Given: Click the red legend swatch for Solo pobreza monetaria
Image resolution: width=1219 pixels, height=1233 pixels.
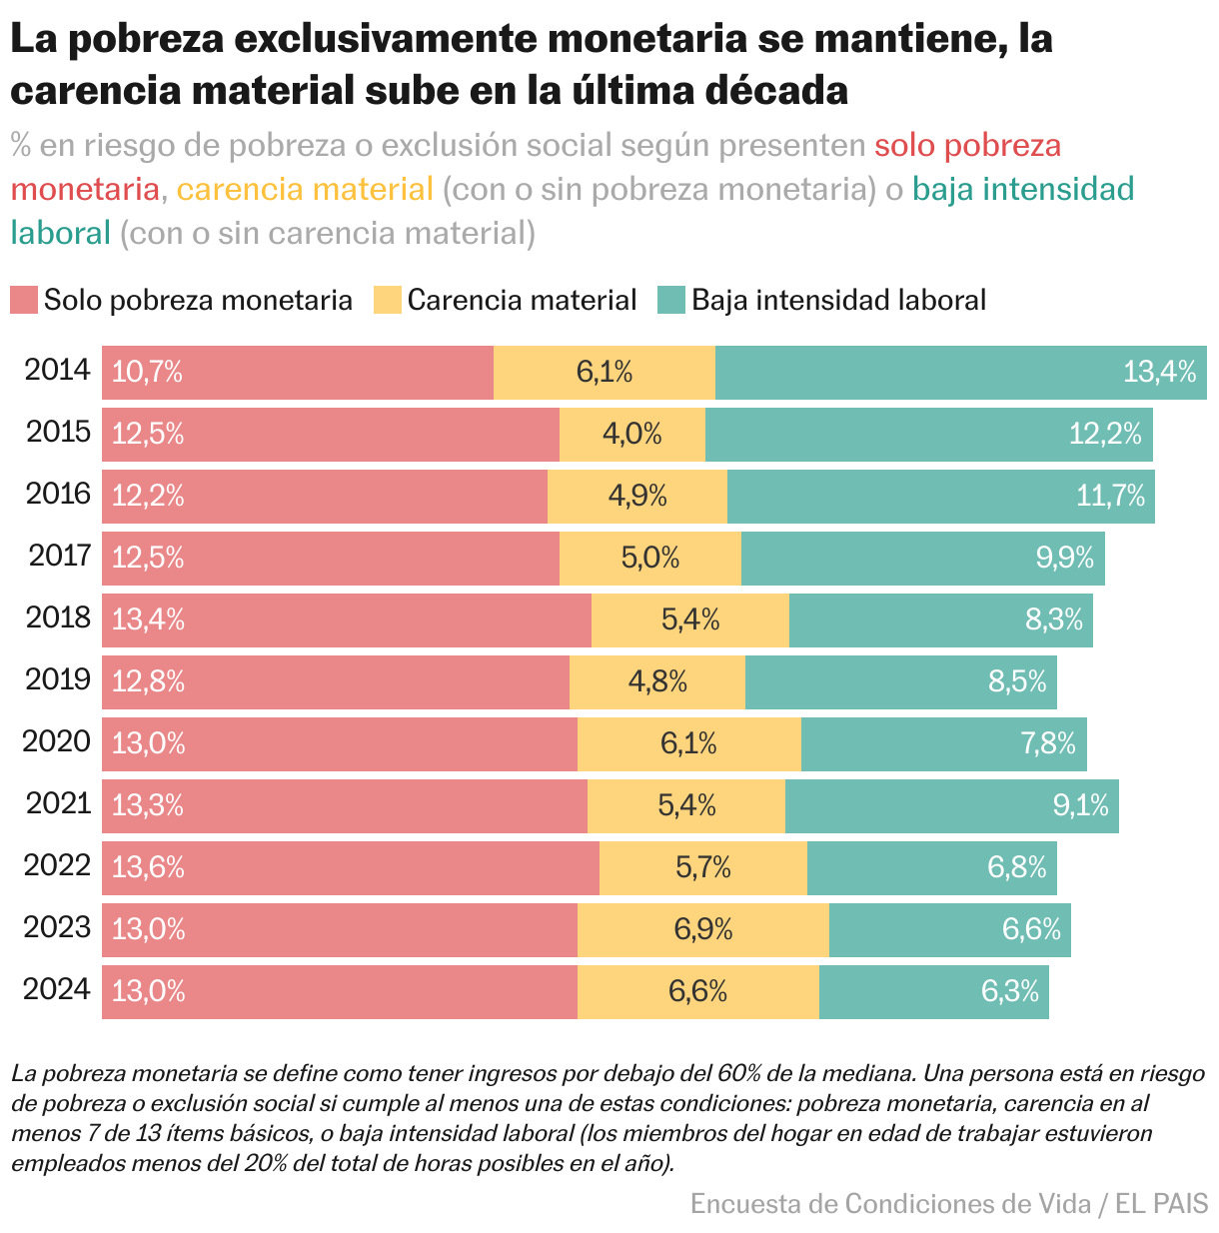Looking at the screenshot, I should pos(24,300).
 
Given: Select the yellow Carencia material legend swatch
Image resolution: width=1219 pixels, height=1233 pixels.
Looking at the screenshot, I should pos(388,300).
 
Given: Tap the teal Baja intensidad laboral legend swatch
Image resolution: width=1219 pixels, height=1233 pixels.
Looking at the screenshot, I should pos(671,300).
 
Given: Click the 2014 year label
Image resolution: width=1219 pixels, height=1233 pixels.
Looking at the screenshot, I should pos(58,371).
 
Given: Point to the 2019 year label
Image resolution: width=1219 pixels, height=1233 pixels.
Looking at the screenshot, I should pos(58,680).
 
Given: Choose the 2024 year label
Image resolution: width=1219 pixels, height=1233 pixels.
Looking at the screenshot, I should pos(58,990).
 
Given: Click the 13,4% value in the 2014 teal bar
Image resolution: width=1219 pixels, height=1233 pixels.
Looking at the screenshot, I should pos(1159,373).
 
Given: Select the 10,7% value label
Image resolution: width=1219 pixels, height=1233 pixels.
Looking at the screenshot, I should pos(147,373).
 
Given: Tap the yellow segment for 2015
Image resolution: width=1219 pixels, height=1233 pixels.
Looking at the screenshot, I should pos(632,435).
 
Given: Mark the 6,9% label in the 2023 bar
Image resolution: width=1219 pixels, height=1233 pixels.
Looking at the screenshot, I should pos(703,930).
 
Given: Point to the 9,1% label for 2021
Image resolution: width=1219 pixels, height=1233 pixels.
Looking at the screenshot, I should pos(1081,806).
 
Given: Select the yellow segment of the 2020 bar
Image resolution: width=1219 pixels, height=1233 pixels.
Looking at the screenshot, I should pos(689,744).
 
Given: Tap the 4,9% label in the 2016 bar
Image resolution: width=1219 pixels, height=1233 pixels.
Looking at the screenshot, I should pos(637,497).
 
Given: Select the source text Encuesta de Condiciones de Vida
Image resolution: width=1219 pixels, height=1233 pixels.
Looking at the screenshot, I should pos(890,1204).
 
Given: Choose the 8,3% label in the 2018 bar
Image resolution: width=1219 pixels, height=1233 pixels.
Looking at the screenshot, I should pos(1054,620).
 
